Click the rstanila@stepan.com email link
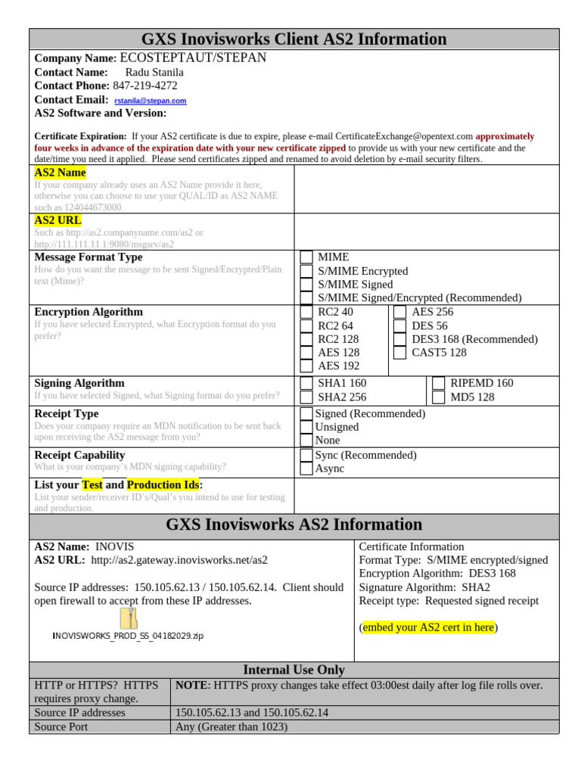click(151, 101)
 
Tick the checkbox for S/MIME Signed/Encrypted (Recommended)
click(306, 298)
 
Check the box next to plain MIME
click(306, 257)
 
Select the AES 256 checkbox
click(399, 312)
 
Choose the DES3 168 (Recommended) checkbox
click(399, 339)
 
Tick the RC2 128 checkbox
click(306, 339)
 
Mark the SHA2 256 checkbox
click(306, 397)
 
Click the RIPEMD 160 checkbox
click(438, 384)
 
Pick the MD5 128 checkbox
click(438, 397)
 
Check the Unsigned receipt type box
click(306, 428)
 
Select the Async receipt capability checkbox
click(306, 468)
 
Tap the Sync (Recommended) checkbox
click(306, 455)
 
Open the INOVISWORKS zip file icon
click(129, 618)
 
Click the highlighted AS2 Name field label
click(61, 173)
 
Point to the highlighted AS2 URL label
click(58, 220)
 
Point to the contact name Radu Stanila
click(154, 72)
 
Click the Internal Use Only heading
click(294, 670)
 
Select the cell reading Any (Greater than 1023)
click(231, 727)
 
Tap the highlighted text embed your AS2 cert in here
click(428, 627)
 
